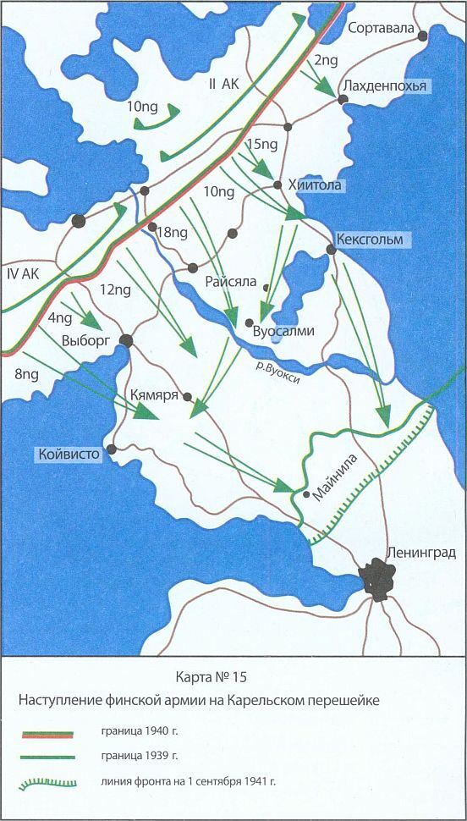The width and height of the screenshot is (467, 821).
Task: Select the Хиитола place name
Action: click(317, 185)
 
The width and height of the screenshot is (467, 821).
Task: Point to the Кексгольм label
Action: click(372, 240)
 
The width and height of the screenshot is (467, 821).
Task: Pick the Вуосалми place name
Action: click(284, 332)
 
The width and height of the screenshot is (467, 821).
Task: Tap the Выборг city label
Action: click(87, 341)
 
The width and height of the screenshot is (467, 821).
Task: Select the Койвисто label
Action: click(69, 455)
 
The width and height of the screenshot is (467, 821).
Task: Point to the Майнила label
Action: click(335, 478)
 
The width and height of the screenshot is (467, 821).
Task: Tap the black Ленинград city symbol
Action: click(378, 581)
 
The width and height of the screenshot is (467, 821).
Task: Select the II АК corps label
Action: click(224, 84)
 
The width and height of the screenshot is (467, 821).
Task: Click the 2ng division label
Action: click(325, 60)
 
